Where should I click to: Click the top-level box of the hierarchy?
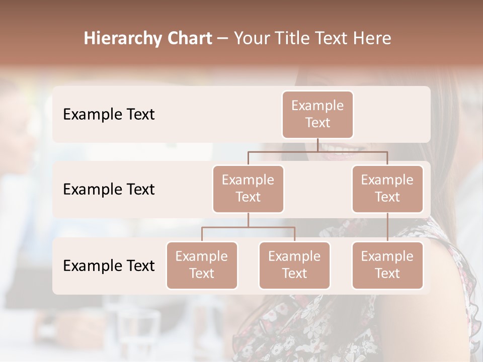317,114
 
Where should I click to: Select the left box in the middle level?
248,189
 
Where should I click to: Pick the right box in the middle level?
387,189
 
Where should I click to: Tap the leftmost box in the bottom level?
202,265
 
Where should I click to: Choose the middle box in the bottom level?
294,265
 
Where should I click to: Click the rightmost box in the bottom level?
387,265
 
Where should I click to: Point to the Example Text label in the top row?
109,115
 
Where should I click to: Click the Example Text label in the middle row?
109,190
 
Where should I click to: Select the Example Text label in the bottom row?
109,266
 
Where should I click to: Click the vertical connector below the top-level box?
317,145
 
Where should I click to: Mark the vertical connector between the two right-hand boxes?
387,227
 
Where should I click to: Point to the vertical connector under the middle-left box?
248,220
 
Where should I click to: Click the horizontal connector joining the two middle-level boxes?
317,151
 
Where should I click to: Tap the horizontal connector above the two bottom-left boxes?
248,227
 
